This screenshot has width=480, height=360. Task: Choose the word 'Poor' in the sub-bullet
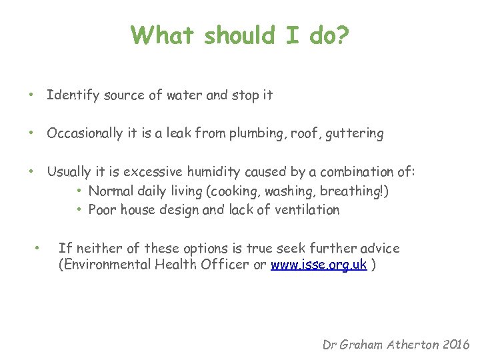(x=102, y=210)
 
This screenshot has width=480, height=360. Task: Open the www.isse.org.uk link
(x=319, y=264)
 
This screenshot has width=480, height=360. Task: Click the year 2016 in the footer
(x=455, y=345)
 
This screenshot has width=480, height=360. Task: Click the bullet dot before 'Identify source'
(x=31, y=95)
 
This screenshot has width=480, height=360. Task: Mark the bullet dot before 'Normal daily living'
(x=79, y=191)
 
